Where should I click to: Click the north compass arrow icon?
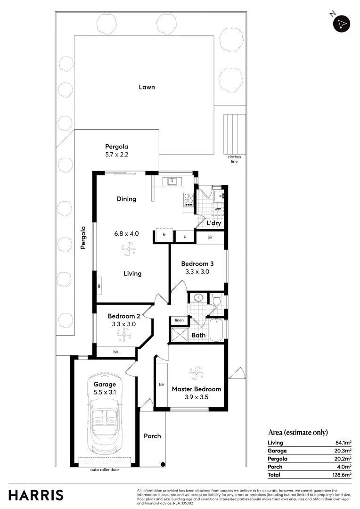point(342,23)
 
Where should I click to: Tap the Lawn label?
point(147,87)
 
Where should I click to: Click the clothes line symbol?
point(234,134)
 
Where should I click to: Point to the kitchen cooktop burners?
point(188,200)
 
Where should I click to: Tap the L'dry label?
point(214,223)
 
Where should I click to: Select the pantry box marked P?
point(185,237)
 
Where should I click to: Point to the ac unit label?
point(99,286)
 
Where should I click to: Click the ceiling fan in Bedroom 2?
point(123,335)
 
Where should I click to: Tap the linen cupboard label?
point(179,320)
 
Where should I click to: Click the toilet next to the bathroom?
point(216,300)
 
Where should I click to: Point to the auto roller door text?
point(105,470)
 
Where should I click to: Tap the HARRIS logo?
point(36,495)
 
